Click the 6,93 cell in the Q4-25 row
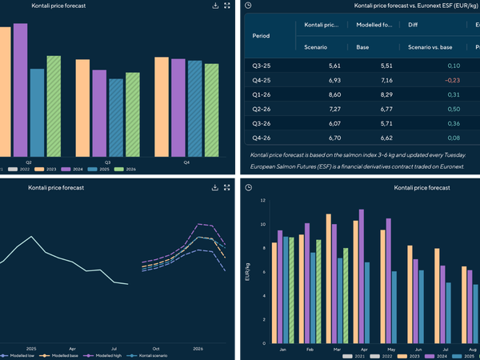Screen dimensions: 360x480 coord(334,80)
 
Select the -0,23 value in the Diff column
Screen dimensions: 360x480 coord(453,80)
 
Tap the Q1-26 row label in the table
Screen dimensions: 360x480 coord(261,94)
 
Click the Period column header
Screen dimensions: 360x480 coord(261,36)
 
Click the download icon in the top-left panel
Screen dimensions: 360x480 coord(215,6)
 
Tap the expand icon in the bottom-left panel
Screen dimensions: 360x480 coord(227,187)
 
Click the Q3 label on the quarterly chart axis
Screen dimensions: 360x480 coord(107,162)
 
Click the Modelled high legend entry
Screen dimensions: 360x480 coord(103,354)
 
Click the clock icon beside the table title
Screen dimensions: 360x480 coord(248,6)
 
